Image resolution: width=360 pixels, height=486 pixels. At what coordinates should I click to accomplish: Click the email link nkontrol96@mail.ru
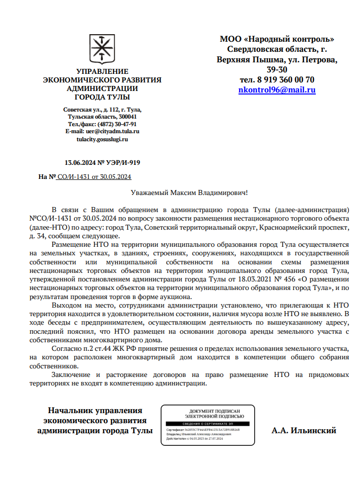(277, 90)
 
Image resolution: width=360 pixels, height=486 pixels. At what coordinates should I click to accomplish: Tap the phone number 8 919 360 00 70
(285, 80)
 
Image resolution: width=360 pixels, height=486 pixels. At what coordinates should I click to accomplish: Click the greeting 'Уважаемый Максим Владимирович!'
(189, 192)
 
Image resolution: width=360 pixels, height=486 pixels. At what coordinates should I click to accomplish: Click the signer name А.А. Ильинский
(304, 430)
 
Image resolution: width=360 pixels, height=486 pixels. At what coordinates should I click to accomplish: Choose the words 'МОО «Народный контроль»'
(277, 39)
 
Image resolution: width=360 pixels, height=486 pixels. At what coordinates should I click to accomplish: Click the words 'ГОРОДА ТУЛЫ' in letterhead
(102, 97)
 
